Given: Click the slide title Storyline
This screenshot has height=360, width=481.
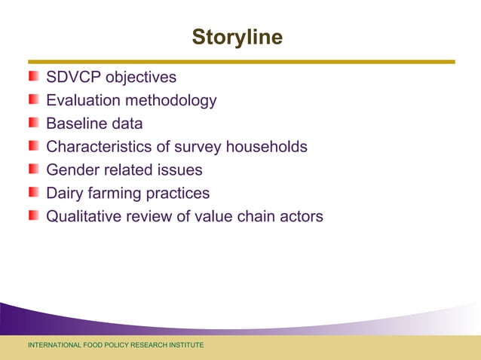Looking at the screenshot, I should pyautogui.click(x=237, y=37).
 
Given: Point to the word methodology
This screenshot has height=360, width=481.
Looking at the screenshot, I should pyautogui.click(x=171, y=101).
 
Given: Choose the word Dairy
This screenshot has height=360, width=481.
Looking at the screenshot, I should pyautogui.click(x=66, y=194).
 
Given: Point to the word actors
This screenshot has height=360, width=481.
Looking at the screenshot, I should pyautogui.click(x=300, y=217).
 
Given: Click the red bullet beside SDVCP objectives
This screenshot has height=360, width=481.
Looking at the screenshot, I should pyautogui.click(x=34, y=77).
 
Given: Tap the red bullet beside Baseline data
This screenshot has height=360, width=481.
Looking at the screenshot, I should pyautogui.click(x=34, y=124).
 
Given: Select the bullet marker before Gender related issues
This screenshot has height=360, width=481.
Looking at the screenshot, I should pyautogui.click(x=34, y=170).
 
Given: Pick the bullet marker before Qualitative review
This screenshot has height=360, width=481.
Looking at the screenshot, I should pyautogui.click(x=34, y=217).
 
